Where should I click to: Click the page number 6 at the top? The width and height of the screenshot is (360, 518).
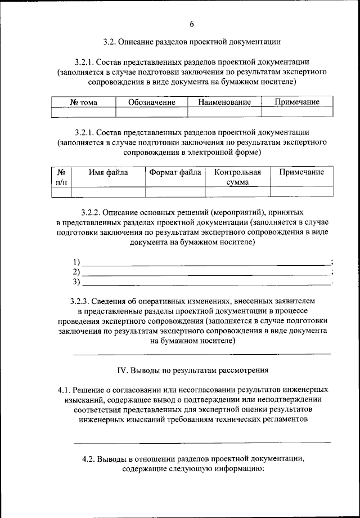[x=191, y=24]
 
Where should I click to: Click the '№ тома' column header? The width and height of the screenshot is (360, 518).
[x=83, y=102]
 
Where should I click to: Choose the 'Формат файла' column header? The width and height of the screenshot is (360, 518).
[x=175, y=172]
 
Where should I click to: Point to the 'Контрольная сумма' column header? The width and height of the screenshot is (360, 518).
[x=238, y=177]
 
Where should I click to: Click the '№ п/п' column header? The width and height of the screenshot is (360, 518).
[x=61, y=177]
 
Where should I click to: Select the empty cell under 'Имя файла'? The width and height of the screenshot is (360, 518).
[x=108, y=193]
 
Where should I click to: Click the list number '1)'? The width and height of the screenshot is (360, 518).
[x=77, y=262]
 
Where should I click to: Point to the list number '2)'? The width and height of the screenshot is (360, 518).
[x=77, y=272]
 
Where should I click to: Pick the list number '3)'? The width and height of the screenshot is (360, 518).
[x=77, y=282]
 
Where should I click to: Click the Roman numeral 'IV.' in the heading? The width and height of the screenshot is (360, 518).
[x=123, y=370]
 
